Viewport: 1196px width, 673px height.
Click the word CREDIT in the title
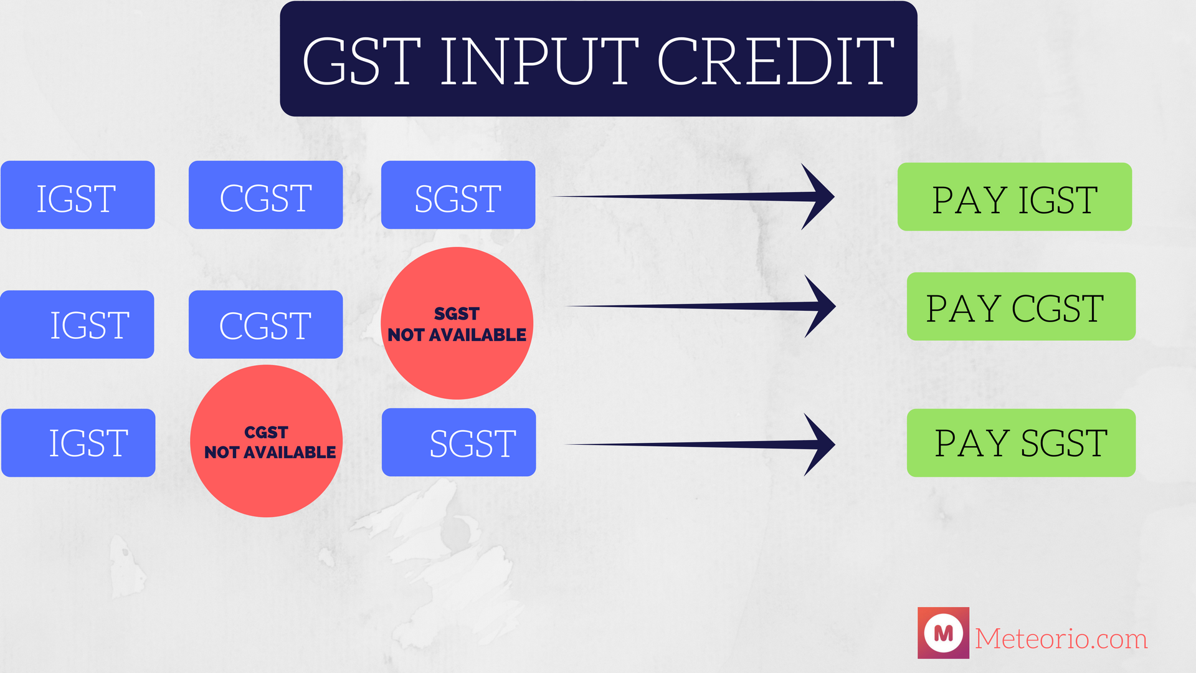coord(776,61)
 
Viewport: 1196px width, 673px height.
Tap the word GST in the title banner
coord(361,61)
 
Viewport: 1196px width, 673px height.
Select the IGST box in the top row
coord(77,195)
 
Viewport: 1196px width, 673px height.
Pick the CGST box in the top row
coord(265,195)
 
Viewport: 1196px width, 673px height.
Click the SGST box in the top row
coord(458,195)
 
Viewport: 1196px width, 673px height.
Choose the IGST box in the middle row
coord(77,324)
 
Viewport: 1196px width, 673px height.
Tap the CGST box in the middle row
coord(265,324)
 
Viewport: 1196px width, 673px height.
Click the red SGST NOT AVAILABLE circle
coord(457,323)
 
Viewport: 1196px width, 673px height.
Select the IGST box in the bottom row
coord(78,443)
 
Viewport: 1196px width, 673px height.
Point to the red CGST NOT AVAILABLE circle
coord(267,441)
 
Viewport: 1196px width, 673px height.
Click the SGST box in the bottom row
coord(458,442)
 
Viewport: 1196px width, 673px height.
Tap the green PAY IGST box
coord(1014,197)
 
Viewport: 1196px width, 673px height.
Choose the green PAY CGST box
coord(1020,307)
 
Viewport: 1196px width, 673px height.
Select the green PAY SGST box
coord(1020,443)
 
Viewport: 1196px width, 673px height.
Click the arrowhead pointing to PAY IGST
coord(819,196)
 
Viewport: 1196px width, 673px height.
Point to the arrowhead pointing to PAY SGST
coord(820,444)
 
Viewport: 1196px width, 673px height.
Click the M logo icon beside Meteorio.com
coord(943,633)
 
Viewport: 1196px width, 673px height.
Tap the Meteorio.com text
coord(1061,639)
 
